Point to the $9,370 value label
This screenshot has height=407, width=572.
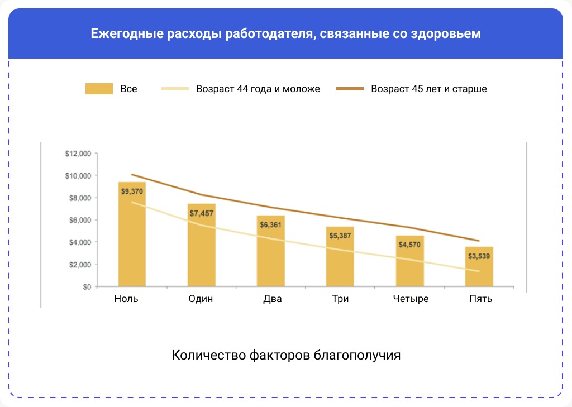[x=132, y=191]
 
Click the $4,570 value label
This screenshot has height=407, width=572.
[x=410, y=245]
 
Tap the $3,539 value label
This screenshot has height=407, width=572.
[x=479, y=256]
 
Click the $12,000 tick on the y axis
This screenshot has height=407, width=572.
[x=78, y=154]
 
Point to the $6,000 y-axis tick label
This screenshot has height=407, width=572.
[x=80, y=220]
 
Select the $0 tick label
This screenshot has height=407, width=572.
[x=86, y=286]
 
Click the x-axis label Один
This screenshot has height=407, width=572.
[x=201, y=299]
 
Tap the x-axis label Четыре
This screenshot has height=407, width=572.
[x=410, y=299]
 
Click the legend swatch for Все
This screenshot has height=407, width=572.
[x=99, y=89]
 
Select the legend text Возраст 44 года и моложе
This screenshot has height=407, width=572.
[x=258, y=89]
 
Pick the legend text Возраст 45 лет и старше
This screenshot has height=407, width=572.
[x=429, y=89]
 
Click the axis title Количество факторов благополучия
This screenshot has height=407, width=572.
[x=286, y=355]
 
